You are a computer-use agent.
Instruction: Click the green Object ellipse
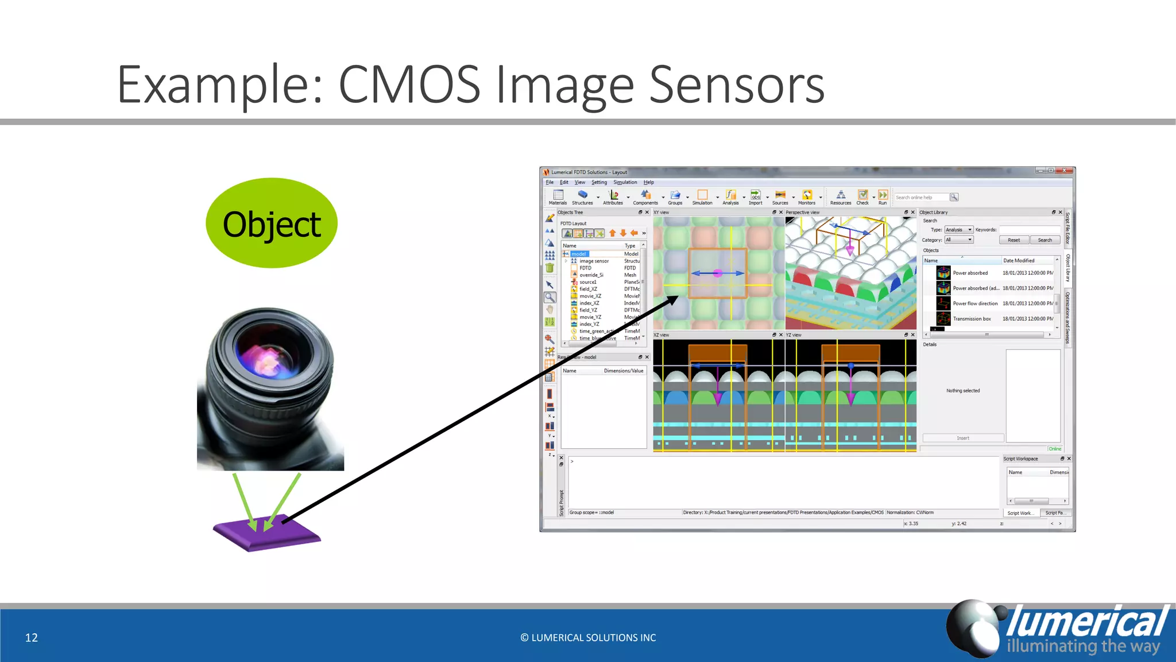(271, 224)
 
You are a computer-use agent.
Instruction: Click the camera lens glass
(268, 356)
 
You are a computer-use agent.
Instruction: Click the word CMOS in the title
(409, 85)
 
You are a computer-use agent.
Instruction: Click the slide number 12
(32, 637)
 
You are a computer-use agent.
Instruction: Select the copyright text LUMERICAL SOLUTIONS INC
(588, 637)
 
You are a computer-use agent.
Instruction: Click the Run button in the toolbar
(883, 197)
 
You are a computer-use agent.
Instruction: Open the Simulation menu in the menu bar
(625, 182)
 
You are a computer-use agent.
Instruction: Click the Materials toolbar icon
(558, 197)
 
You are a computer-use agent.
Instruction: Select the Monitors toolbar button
(807, 197)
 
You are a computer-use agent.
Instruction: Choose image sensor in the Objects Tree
(594, 261)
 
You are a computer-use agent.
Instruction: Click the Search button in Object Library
(1045, 240)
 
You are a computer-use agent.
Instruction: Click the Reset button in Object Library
(1013, 240)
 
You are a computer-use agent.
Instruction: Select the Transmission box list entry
(972, 319)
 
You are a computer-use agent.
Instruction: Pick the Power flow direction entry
(975, 303)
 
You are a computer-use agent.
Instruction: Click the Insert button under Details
(963, 438)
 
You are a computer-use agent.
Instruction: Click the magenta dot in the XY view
(717, 274)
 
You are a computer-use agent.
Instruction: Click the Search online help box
(922, 197)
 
